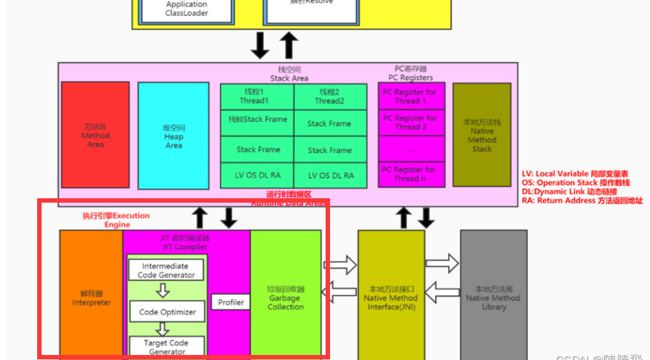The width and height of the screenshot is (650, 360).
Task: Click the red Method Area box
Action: point(95,135)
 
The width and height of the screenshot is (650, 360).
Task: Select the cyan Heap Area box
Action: point(173,136)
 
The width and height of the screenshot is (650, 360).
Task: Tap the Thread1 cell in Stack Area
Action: point(257,96)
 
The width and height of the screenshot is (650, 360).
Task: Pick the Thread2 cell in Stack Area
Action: point(330,96)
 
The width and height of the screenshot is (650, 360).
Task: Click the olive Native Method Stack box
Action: point(482,135)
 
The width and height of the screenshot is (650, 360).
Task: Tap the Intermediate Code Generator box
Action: point(166,270)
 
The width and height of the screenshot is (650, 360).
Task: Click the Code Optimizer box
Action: point(168,312)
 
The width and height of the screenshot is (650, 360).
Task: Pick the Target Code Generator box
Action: point(167,346)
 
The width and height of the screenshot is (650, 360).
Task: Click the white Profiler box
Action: point(231,302)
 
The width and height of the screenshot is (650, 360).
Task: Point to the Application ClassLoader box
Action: point(186,9)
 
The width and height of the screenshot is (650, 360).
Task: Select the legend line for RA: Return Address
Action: point(582,200)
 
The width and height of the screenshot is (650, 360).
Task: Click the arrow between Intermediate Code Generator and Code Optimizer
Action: point(163,290)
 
